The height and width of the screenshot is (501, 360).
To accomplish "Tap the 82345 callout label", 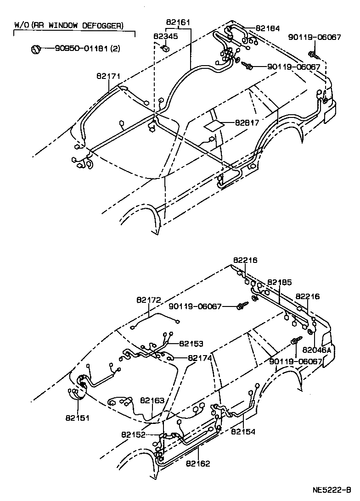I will click(x=163, y=37).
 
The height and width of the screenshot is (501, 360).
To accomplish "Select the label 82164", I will click(x=267, y=28).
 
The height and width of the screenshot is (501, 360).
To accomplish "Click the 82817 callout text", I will click(x=247, y=123).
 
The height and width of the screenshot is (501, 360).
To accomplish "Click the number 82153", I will click(x=191, y=343).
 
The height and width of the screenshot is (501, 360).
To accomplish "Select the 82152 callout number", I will click(x=134, y=434).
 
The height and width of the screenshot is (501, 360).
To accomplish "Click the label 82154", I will click(x=243, y=431).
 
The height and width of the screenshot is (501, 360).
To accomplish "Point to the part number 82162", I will click(x=198, y=464).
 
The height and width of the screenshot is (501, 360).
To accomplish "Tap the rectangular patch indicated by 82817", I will click(x=213, y=124).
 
